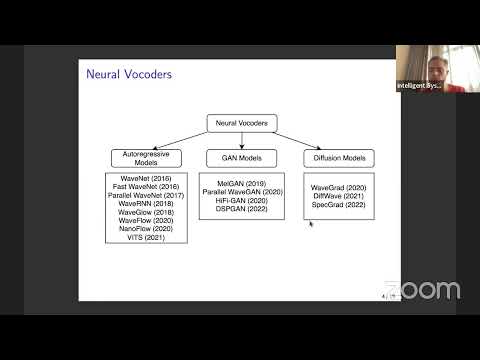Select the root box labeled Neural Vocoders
pos(241,123)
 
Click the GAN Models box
pos(241,158)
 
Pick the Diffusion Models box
pos(339,158)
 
